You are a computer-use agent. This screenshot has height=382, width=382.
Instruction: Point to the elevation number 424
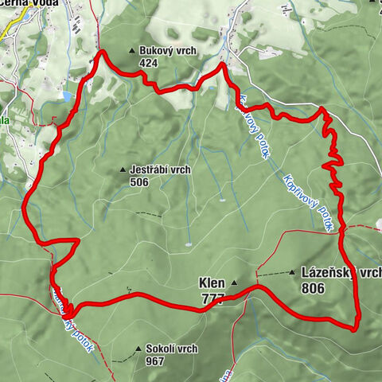coord(149,64)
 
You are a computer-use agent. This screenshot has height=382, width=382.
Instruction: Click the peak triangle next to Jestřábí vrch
coord(122,170)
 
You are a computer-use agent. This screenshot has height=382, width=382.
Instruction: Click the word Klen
coord(211,283)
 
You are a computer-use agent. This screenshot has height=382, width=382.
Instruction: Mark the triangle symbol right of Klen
coord(234,283)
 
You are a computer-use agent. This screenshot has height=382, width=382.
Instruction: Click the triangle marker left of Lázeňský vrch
coord(293,272)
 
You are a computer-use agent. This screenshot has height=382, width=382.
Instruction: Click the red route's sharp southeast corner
coord(355,325)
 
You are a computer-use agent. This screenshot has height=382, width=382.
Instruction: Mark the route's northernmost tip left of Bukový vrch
coord(102,53)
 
